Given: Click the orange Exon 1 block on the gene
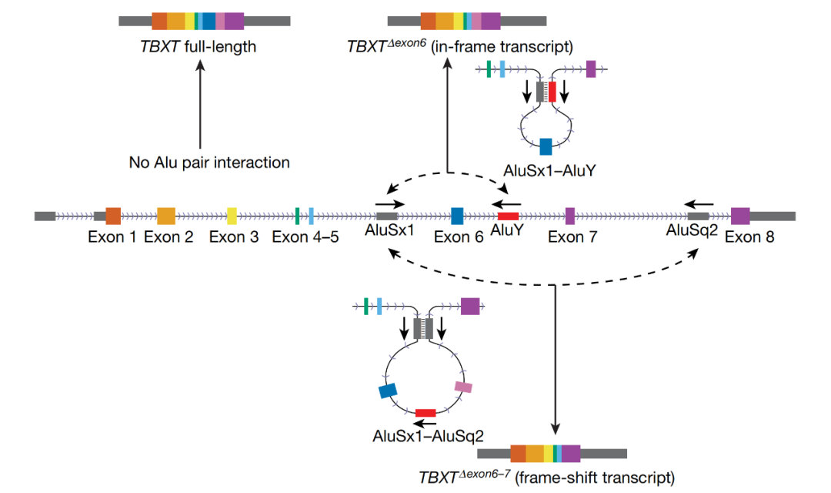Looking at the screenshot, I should coord(113,216).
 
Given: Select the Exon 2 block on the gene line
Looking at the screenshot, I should coord(166,216).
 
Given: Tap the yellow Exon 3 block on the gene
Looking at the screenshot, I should coord(232,216).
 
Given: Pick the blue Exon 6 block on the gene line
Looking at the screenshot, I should coord(457,216).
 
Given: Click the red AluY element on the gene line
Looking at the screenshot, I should coord(508,216).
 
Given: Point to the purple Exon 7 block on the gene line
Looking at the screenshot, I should coord(570,216).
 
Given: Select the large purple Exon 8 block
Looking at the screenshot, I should coord(740,216).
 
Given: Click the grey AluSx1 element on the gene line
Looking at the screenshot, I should coord(386,216).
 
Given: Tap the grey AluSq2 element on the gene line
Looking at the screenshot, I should coord(698,216).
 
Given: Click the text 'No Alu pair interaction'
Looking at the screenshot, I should coord(209,163).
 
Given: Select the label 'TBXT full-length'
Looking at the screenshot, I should coord(198,47).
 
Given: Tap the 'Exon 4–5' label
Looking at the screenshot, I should coord(305,237).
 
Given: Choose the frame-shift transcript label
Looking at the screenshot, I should coord(546,476).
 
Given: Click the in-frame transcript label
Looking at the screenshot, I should coord(459,47).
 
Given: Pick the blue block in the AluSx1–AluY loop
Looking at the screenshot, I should coord(546,146).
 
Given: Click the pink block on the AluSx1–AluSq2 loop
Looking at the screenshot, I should coord(463,387).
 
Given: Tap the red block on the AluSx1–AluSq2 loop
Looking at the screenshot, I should coord(426,413).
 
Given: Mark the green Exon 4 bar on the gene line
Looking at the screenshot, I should coord(297,216).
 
